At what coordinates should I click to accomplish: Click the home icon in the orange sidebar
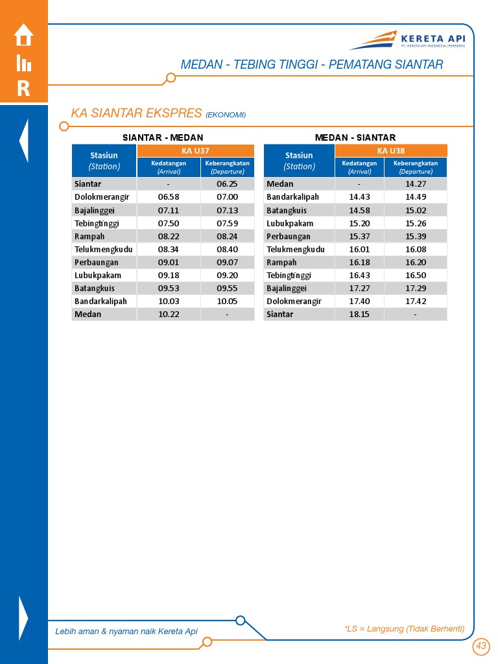[23, 35]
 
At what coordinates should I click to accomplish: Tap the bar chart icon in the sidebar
[23, 63]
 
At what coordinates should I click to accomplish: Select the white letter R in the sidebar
[23, 89]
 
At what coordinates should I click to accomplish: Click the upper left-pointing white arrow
[24, 140]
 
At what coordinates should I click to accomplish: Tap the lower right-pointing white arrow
[24, 617]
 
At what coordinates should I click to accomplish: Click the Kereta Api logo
[410, 41]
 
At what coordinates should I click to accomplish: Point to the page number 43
[480, 646]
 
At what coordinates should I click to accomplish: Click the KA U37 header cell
[195, 150]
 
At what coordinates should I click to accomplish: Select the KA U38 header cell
[391, 150]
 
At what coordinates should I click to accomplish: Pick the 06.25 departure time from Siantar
[227, 184]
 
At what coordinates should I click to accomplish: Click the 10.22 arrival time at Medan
[169, 314]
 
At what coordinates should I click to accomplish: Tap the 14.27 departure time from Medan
[415, 184]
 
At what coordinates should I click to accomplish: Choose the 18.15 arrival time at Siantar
[359, 314]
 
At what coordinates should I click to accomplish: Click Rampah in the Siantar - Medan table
[89, 237]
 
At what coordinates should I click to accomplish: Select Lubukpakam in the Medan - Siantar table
[290, 224]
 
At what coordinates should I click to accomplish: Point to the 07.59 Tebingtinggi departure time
[227, 224]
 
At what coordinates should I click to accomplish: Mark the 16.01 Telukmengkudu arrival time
[359, 250]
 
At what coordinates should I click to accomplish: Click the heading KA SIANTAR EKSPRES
[137, 113]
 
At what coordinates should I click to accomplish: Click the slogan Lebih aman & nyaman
[126, 632]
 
